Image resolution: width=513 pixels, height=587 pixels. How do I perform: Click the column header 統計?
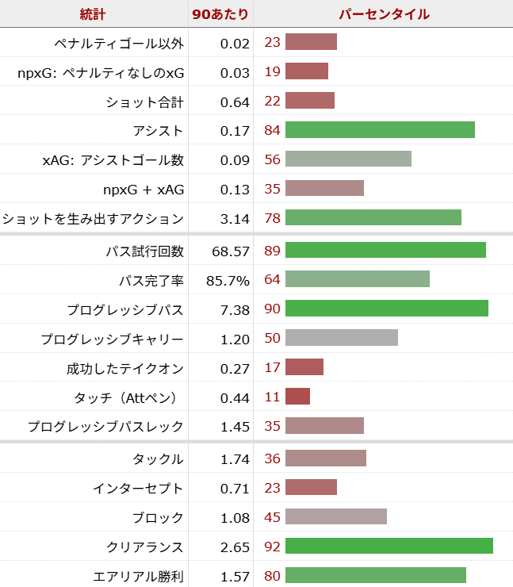[x=93, y=14]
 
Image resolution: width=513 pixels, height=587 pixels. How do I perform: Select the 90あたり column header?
[x=220, y=14]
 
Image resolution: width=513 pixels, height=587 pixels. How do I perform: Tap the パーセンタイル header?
[x=384, y=14]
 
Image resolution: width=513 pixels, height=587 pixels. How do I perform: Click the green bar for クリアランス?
[x=389, y=546]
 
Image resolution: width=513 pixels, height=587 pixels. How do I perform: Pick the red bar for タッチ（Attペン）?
[x=297, y=397]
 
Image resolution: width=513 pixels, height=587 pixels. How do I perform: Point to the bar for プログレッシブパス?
[x=386, y=309]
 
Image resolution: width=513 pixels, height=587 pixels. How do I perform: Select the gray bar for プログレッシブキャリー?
[x=341, y=338]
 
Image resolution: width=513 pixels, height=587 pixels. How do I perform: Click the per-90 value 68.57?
[x=231, y=250]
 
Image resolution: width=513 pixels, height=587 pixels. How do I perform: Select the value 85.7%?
[x=229, y=279]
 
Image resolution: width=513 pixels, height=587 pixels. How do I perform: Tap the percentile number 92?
[x=272, y=547]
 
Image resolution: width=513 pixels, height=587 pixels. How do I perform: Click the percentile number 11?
[x=272, y=397]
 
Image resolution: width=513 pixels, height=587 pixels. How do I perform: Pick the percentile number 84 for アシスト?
[x=272, y=130]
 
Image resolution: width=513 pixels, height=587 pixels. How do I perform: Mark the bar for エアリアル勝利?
[x=375, y=576]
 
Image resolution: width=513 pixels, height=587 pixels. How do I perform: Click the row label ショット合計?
[x=144, y=101]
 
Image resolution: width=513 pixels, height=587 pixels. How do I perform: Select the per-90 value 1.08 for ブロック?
[x=235, y=516]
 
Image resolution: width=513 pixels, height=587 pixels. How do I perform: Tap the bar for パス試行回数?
[x=385, y=250]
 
